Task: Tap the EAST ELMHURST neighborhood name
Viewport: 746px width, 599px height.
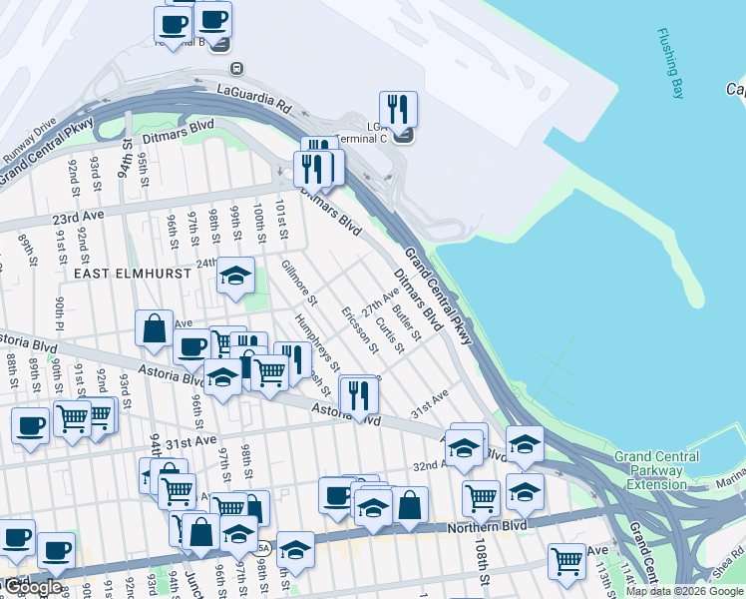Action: coord(125,273)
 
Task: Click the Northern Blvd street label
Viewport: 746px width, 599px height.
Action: coord(486,528)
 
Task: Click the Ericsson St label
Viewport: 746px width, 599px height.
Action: coord(360,330)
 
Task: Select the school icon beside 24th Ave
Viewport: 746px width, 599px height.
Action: coord(235,276)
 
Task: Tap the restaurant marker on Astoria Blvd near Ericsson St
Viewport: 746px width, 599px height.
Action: coord(357,395)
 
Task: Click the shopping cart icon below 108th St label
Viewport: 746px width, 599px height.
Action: coord(566,560)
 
